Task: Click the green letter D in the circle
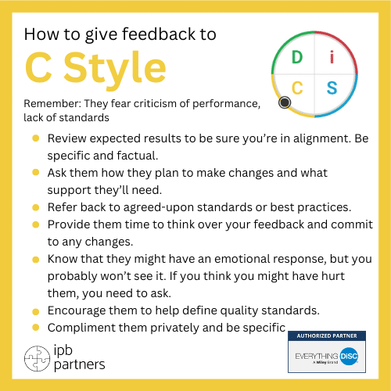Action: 296,57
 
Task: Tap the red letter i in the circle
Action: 332,56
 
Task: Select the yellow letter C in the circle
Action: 297,86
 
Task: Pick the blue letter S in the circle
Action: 332,86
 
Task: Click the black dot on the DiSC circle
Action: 285,102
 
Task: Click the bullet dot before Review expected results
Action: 36,138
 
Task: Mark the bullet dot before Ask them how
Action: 36,173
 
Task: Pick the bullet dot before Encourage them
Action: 36,310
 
